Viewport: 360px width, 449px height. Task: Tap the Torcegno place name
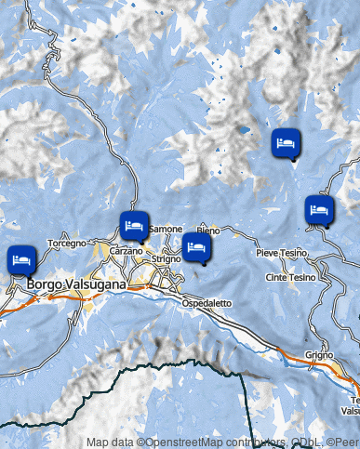tap(67, 243)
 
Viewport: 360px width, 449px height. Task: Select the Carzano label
tap(126, 252)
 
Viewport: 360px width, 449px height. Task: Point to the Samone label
tap(166, 229)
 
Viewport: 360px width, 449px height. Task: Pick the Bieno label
tap(208, 230)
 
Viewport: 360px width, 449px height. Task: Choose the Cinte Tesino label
tap(289, 277)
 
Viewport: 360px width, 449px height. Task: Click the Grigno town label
tap(318, 356)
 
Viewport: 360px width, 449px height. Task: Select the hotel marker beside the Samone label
tap(133, 225)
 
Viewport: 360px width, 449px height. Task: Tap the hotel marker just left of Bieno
tap(196, 246)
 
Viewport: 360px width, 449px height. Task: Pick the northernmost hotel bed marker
tap(286, 143)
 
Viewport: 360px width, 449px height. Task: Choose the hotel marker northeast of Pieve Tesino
tap(319, 209)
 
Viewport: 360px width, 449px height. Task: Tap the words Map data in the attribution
tap(110, 442)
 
